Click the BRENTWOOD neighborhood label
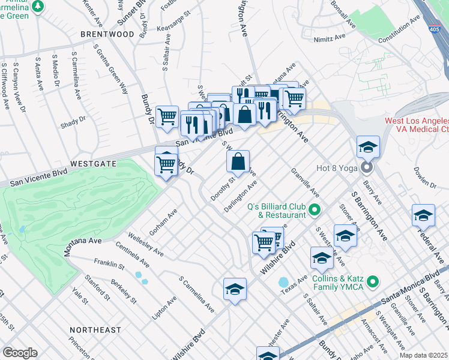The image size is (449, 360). tap(107, 34)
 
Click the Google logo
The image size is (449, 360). tap(20, 352)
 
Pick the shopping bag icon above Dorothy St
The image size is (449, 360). tap(238, 161)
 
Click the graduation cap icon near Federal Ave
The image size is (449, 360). tap(423, 215)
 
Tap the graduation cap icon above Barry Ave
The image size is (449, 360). tap(368, 146)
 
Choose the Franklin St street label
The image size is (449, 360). tap(109, 265)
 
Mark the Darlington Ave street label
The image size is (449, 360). tap(241, 196)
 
